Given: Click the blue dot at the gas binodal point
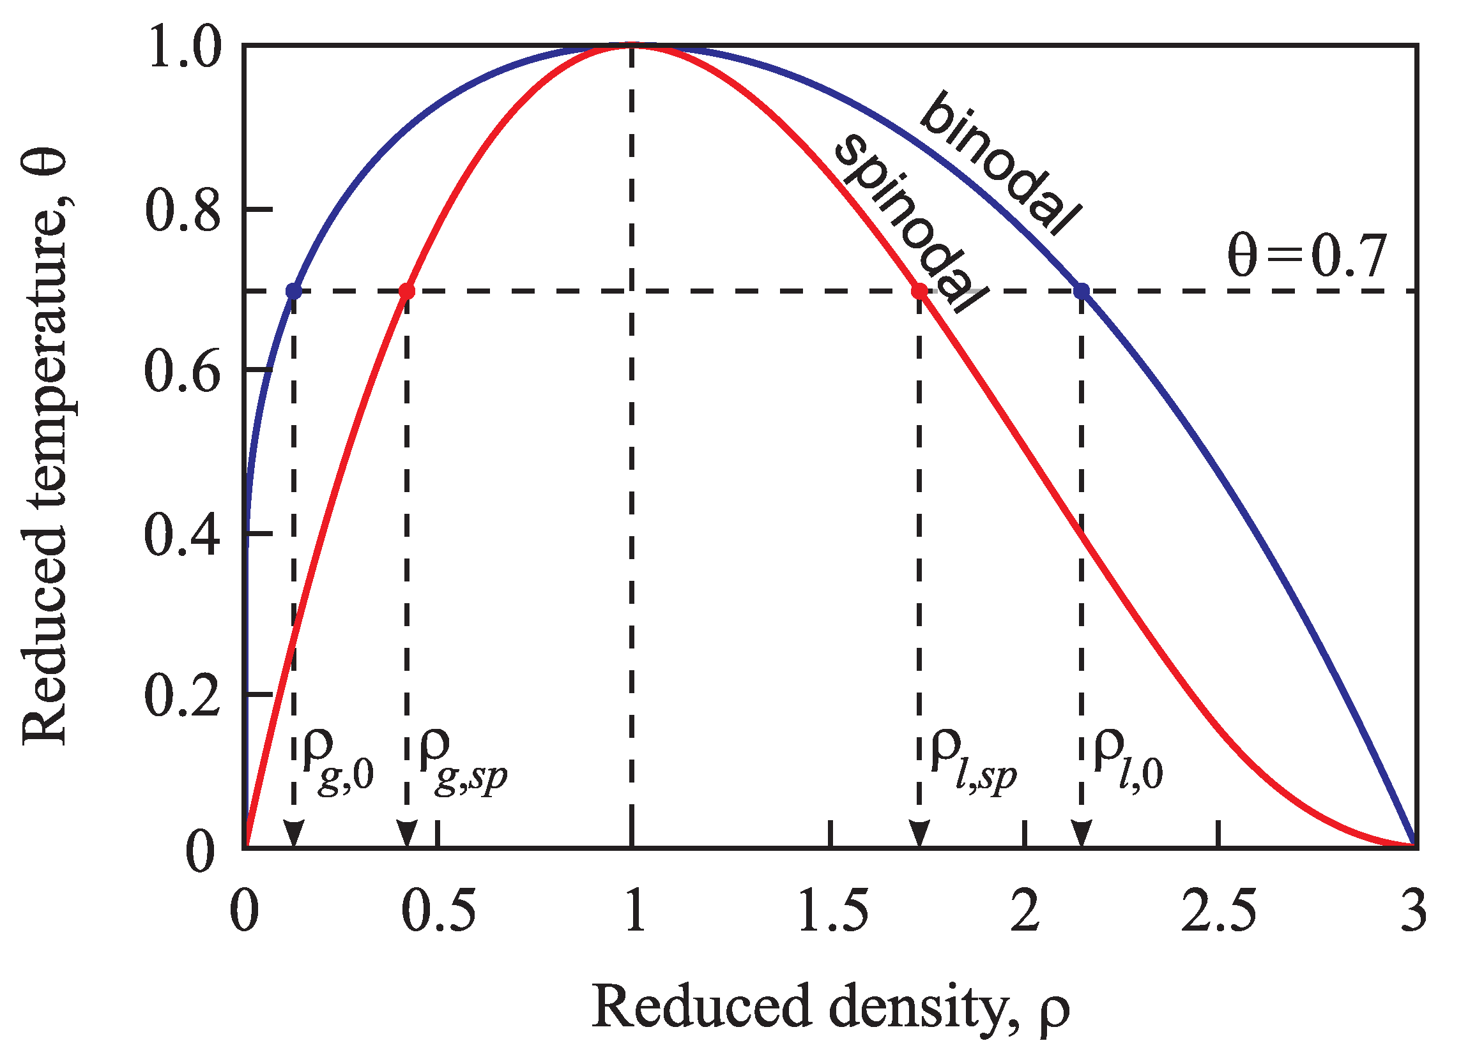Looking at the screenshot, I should coord(294,291).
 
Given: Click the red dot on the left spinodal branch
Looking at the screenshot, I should coord(407,291).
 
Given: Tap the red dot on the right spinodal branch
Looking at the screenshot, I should coord(920,291).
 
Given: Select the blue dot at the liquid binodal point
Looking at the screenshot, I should coord(1082,291).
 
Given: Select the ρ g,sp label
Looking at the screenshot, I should coord(461,763).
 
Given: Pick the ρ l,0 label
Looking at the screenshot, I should coord(1128,763).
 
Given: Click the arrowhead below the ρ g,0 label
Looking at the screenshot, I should coord(294,834).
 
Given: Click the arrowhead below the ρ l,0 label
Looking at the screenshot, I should coord(1082,834).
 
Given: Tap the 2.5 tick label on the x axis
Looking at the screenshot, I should coord(1218,911).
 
